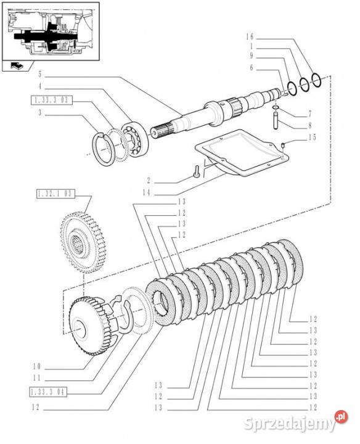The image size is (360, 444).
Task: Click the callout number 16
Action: pos(250,36)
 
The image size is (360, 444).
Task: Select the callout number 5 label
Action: pos(40,75)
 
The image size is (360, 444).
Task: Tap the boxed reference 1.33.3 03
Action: pos(52,100)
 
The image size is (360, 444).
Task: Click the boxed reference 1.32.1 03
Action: pos(55,194)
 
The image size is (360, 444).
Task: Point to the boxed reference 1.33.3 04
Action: pos(48,392)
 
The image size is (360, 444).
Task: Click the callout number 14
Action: pos(147,193)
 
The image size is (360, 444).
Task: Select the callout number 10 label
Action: pos(37,367)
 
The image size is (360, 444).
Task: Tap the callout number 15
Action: pos(312,138)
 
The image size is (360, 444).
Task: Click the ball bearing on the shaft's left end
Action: pos(135,139)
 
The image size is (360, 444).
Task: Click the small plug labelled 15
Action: pos(282,146)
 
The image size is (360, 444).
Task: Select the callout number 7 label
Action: pos(310,114)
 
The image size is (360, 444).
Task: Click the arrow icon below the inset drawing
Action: pos(17,66)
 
